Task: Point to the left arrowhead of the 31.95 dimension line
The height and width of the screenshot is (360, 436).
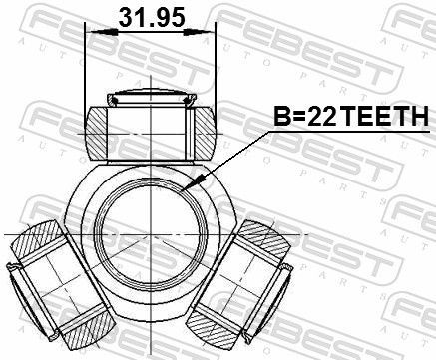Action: coord(93,32)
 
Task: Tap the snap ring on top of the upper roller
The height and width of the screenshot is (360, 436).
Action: coord(151,99)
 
